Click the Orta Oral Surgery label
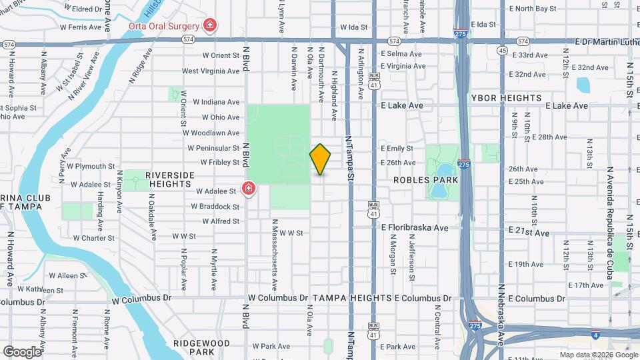(x=163, y=27)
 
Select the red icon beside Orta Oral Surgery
(x=211, y=25)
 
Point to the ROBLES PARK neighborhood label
(x=425, y=180)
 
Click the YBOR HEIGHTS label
(x=507, y=98)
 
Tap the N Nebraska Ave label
(x=501, y=313)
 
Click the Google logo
(x=22, y=351)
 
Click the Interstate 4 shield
(x=594, y=339)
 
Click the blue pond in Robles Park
(x=440, y=190)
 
